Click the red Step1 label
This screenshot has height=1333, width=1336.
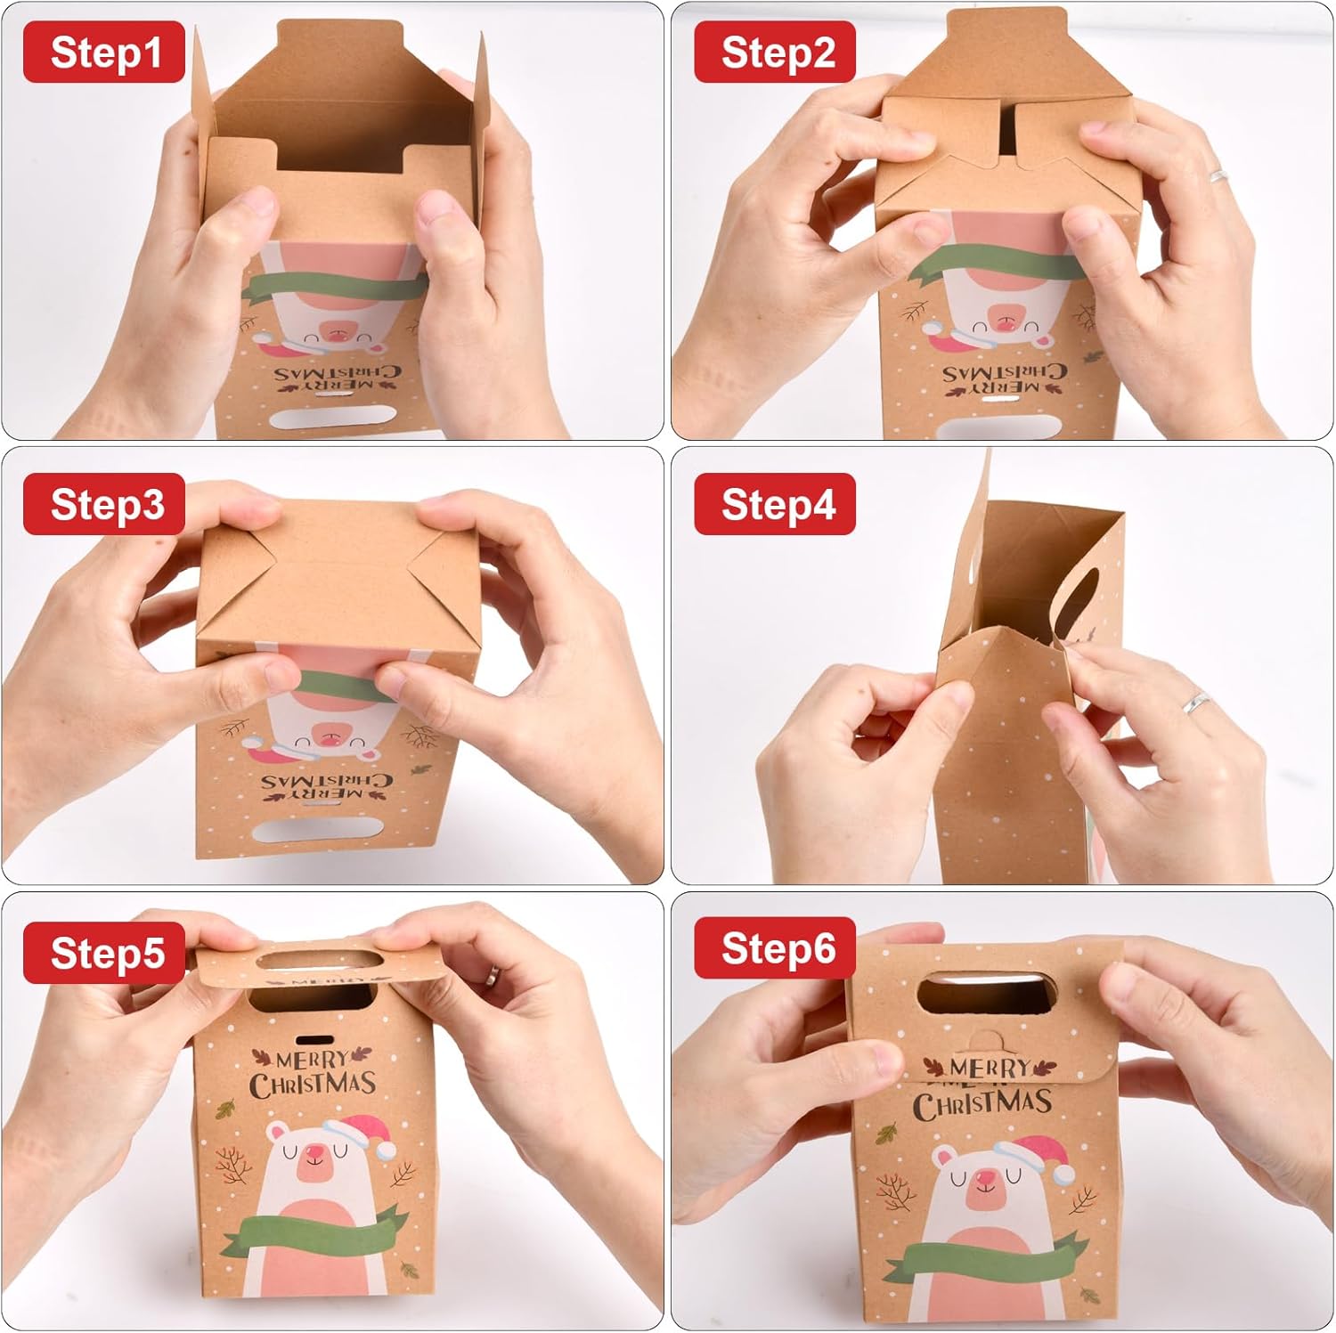point(104,53)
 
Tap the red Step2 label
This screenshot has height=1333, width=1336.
point(775,53)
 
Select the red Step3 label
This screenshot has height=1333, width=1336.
point(104,504)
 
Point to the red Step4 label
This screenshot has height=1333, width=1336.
point(775,504)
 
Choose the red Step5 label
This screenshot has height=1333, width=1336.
point(104,953)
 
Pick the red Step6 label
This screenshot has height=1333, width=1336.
point(775,948)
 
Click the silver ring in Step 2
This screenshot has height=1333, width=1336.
point(1218,175)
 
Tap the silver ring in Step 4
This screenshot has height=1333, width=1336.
point(1196,702)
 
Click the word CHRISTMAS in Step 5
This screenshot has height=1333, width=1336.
point(312,1084)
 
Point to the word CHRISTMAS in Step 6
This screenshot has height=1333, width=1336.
point(982,1104)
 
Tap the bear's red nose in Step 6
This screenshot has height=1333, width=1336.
point(984,1182)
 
